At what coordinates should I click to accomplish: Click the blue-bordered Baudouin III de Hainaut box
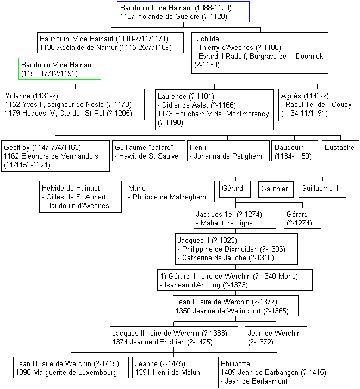(183, 11)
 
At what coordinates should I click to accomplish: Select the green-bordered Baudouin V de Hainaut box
(60, 68)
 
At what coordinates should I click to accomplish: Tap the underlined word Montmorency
(247, 114)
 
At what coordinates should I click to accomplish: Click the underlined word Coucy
(342, 104)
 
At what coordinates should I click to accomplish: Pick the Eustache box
(340, 148)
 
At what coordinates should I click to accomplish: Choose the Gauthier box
(276, 190)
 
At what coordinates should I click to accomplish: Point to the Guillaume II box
(322, 189)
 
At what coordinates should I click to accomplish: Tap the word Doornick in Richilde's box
(309, 57)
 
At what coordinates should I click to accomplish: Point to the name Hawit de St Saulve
(148, 156)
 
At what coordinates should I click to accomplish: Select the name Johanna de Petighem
(228, 156)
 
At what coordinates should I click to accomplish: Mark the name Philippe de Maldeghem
(169, 197)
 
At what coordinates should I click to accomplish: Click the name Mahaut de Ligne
(227, 223)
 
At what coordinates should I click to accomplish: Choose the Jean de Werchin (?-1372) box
(276, 336)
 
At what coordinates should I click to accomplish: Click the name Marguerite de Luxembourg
(75, 372)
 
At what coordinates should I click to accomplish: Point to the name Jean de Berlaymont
(256, 381)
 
